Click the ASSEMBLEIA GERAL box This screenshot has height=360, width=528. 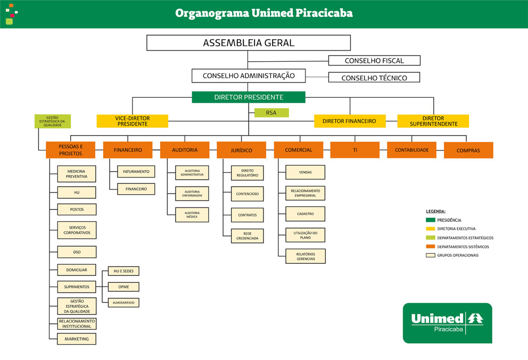point(249,43)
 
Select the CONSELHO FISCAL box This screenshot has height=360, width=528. point(374,61)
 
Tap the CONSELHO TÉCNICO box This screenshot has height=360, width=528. point(374,78)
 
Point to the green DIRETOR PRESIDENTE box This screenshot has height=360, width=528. point(249,97)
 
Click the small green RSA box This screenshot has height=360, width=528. point(271,113)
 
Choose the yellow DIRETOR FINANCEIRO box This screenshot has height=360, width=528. point(350,121)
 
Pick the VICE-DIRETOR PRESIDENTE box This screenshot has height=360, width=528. point(133,121)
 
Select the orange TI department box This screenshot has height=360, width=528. point(355,150)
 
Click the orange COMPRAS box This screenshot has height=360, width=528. point(468,150)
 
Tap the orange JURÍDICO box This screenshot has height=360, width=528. point(242,150)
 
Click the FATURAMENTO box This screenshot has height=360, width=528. point(136,172)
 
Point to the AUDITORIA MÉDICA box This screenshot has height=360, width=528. point(192,215)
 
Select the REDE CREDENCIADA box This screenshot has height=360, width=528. point(247,236)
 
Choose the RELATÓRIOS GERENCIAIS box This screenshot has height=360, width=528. point(306,256)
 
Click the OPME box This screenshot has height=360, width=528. point(123,287)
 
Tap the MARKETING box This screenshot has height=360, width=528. point(77,339)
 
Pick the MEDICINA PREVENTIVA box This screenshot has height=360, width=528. point(77,174)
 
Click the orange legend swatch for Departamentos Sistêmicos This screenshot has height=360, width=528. point(431,247)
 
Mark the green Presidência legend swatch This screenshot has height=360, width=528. point(431,220)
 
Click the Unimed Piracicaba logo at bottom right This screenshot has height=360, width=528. point(448,323)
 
